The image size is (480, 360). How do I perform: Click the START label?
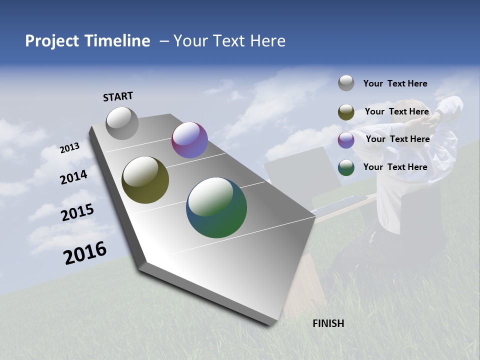click(118, 96)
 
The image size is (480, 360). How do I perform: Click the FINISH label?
click(328, 323)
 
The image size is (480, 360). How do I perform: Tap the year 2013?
click(69, 148)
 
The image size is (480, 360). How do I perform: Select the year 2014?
click(74, 177)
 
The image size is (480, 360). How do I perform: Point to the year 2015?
click(77, 212)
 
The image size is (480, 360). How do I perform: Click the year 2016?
click(85, 253)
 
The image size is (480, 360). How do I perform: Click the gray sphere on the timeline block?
click(122, 123)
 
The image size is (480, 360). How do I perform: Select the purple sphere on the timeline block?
click(189, 140)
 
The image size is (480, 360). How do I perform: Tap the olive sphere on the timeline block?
click(145, 180)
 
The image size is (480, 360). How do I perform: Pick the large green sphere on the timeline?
click(216, 207)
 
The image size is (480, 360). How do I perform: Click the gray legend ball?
click(346, 83)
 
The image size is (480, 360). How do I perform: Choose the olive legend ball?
click(346, 112)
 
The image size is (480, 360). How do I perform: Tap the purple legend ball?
click(346, 140)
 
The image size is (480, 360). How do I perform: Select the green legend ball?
click(346, 167)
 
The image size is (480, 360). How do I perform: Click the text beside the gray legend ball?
click(395, 83)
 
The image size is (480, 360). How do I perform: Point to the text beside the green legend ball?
click(395, 167)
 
